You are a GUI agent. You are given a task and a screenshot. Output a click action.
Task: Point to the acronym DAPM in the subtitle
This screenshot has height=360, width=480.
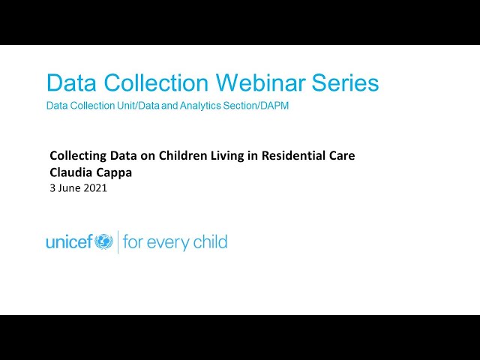coord(274,106)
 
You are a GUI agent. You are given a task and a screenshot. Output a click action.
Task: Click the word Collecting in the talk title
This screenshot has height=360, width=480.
coord(76,156)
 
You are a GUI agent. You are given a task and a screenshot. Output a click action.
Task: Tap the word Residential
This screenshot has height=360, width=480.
coord(290,156)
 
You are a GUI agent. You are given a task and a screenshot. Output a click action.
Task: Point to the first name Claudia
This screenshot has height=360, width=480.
coord(71,172)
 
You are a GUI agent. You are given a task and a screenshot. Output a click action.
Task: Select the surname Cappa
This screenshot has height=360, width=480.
coord(115,172)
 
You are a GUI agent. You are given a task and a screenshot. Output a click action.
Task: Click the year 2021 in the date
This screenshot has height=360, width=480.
coord(95,188)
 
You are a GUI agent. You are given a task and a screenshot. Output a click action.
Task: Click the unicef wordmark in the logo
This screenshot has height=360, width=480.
coord(69,242)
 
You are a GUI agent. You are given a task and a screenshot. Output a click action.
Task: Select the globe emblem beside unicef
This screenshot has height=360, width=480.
coord(103,241)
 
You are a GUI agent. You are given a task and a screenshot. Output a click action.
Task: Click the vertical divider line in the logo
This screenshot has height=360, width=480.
coord(118,242)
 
